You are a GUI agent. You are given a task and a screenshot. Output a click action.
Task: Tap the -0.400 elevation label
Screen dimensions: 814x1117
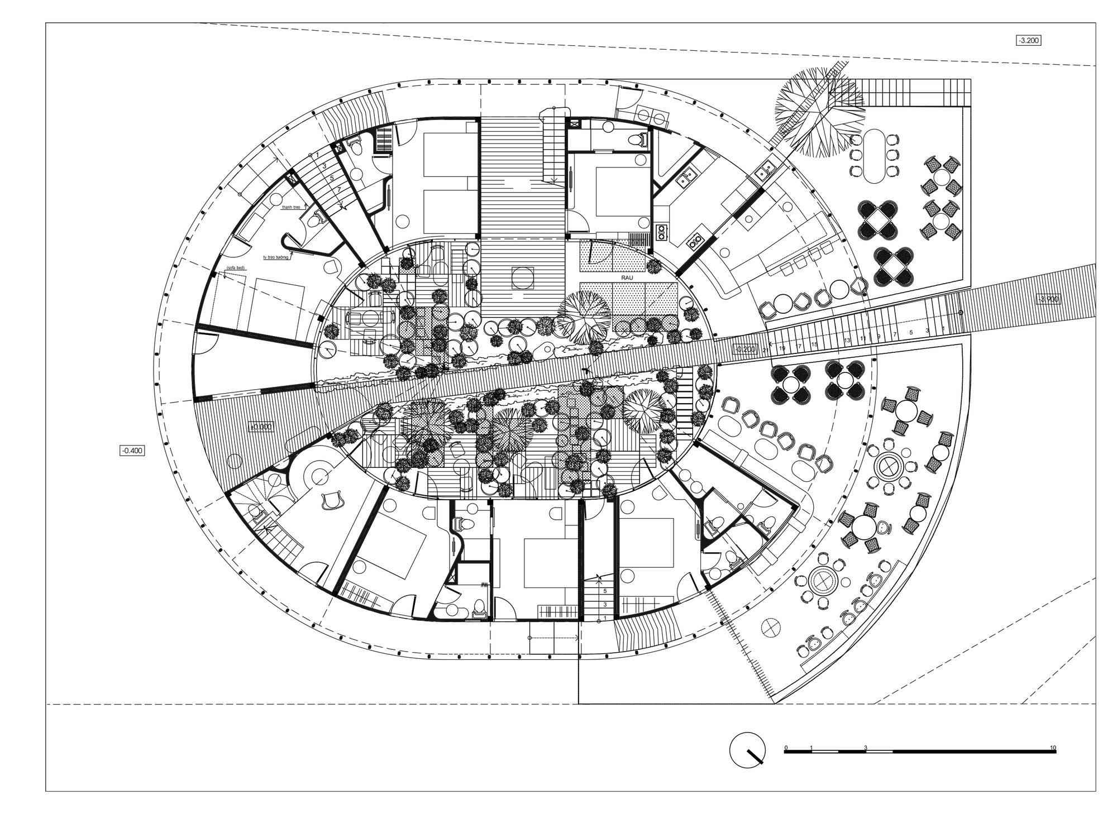(132, 450)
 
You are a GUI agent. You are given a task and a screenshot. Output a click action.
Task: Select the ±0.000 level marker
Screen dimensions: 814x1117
(261, 427)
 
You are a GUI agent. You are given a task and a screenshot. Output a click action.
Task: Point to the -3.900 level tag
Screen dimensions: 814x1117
(1048, 299)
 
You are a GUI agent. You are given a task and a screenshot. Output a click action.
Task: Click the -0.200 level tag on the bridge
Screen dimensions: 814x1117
(745, 349)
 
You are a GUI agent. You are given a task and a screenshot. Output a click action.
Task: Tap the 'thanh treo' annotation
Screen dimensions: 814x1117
(292, 207)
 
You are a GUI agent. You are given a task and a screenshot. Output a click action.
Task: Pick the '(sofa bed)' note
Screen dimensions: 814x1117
(235, 268)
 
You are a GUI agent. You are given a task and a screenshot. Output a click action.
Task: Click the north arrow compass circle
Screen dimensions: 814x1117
(747, 750)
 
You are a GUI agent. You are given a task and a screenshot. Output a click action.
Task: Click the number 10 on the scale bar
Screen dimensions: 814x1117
(1052, 748)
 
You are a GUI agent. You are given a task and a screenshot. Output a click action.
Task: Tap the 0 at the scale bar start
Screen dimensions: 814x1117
(786, 748)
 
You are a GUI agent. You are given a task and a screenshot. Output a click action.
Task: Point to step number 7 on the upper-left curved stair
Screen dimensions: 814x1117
(339, 190)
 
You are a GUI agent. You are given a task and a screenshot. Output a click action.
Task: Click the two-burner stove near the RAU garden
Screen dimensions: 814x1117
(662, 231)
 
